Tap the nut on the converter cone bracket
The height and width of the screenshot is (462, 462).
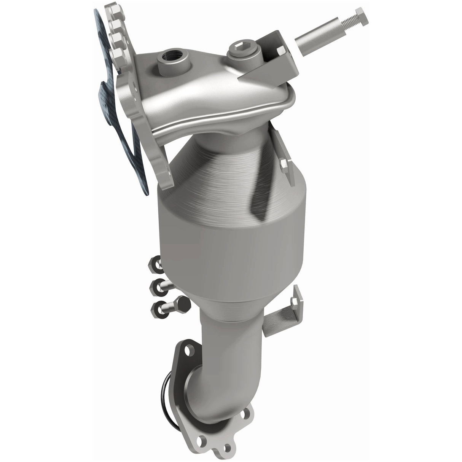[285, 164]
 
